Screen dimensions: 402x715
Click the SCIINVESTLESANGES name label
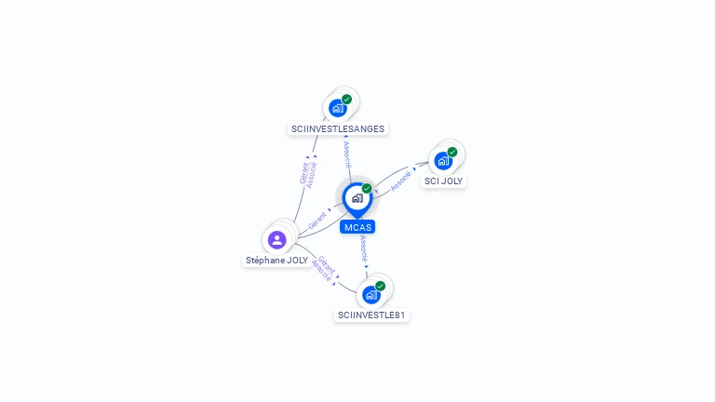click(x=337, y=129)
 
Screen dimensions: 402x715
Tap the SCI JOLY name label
click(x=443, y=181)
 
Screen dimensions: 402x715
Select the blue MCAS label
click(x=357, y=227)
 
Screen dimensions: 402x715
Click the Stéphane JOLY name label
click(x=277, y=261)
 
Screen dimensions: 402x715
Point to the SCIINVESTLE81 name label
click(x=371, y=315)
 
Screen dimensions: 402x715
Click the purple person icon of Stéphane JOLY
click(x=277, y=240)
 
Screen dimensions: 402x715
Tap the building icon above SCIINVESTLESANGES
click(x=338, y=108)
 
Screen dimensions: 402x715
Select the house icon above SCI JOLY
click(x=443, y=160)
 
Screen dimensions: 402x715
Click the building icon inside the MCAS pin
click(x=357, y=197)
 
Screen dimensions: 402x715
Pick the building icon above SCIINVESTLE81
click(x=371, y=295)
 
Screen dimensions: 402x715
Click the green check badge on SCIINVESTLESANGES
click(x=346, y=100)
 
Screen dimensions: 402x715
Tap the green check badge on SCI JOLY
click(x=452, y=152)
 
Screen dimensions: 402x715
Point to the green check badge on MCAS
click(x=367, y=189)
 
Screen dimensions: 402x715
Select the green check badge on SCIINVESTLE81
click(x=380, y=287)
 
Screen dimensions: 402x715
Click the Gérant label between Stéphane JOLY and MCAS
click(x=317, y=221)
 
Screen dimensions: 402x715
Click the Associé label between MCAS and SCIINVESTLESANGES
click(x=347, y=154)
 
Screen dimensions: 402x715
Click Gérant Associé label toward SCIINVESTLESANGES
click(x=307, y=173)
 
